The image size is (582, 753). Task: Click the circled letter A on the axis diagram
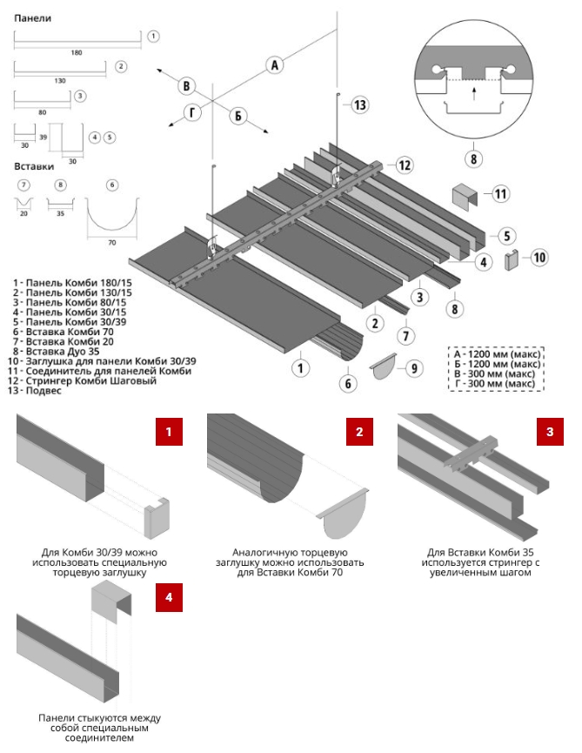tap(274, 64)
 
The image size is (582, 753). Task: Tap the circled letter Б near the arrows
tap(238, 115)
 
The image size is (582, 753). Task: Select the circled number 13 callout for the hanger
tap(360, 104)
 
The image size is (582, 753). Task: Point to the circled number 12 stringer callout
tap(405, 165)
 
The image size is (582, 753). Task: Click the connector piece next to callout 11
tap(465, 197)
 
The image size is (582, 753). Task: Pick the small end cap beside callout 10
tap(512, 259)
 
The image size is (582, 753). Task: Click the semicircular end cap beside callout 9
tap(384, 366)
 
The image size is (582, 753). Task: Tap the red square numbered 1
tap(169, 432)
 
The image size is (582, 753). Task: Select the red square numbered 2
tap(359, 432)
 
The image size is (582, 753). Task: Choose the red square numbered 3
tap(550, 432)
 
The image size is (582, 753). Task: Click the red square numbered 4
tap(169, 597)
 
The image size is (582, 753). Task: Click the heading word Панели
tap(33, 18)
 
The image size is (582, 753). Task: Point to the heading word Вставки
tap(34, 166)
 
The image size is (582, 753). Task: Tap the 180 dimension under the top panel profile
tap(77, 53)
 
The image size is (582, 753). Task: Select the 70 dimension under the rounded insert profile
tap(112, 243)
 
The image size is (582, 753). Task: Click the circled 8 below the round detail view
tap(473, 158)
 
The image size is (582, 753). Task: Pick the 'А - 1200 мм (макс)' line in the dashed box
tap(497, 354)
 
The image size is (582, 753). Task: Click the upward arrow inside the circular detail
tap(474, 93)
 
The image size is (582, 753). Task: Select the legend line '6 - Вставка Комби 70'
tap(64, 332)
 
